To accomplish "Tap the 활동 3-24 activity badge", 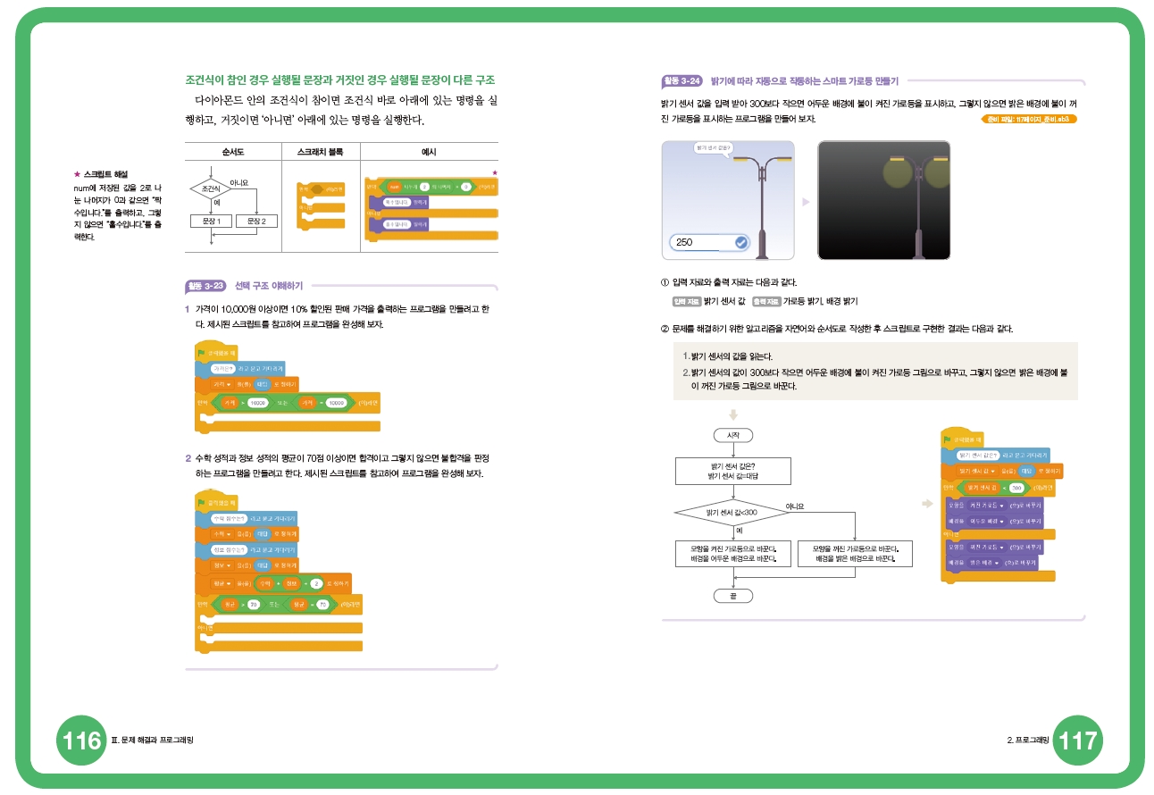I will point(682,81).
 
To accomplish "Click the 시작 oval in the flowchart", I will point(733,435).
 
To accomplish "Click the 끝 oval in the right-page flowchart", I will point(733,595).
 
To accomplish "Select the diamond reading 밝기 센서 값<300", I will point(732,513).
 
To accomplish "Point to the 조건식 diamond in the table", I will point(211,189).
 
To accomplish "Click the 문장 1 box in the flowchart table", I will point(211,221).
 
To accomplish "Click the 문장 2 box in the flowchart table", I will point(256,221).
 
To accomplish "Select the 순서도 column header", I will point(232,152).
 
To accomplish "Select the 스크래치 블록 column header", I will point(320,152).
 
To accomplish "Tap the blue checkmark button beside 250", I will point(740,242).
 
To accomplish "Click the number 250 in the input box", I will point(685,243).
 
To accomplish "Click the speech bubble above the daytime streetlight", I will point(713,147).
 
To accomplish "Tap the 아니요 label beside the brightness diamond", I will point(794,506).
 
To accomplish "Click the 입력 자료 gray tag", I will point(687,301).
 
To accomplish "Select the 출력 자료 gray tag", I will point(766,301).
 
